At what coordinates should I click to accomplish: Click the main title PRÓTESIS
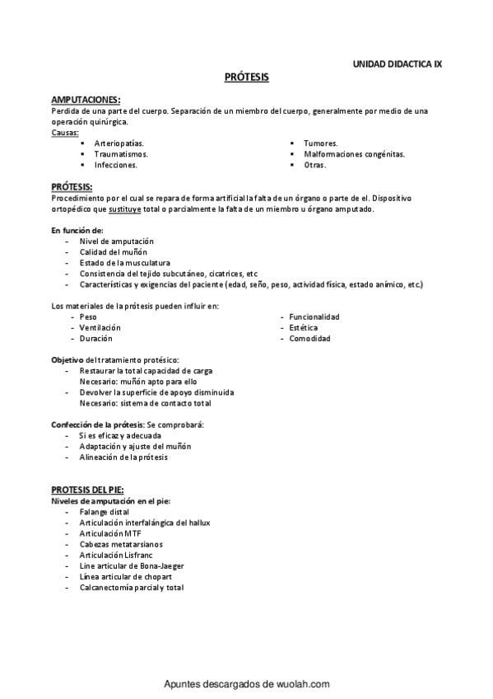[247, 77]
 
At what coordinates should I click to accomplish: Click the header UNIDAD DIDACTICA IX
[397, 63]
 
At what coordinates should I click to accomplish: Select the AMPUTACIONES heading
[86, 99]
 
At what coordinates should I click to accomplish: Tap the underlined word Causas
[65, 132]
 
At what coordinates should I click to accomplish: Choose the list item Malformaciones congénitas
[354, 153]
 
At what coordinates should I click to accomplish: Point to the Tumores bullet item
[321, 143]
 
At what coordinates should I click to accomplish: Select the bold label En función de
[77, 230]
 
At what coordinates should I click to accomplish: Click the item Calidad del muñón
[115, 251]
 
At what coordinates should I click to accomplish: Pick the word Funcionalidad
[314, 317]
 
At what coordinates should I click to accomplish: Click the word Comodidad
[309, 338]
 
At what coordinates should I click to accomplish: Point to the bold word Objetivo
[68, 360]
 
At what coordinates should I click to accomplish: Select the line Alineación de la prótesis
[123, 456]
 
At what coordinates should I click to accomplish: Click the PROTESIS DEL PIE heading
[87, 490]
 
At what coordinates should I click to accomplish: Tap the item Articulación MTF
[110, 533]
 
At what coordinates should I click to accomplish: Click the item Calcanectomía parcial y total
[131, 588]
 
